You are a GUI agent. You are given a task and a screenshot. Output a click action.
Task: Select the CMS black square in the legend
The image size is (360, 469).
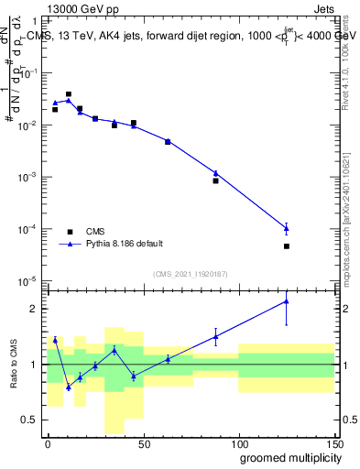point(70,231)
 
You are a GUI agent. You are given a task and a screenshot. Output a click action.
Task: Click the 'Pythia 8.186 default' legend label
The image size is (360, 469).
point(125,244)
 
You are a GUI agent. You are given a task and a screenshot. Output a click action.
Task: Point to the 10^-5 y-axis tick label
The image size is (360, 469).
point(29,280)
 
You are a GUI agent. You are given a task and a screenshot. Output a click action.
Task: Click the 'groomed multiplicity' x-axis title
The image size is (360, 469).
point(287,457)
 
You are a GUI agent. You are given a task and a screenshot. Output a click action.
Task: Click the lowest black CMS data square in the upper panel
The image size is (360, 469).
point(287,245)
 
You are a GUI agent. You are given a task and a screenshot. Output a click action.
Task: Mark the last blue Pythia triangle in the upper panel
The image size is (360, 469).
point(287,228)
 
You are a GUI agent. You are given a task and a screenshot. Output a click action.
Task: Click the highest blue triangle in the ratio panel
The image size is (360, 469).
point(287,300)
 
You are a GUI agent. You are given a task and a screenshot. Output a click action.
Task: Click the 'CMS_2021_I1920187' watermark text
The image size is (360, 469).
point(190,274)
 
